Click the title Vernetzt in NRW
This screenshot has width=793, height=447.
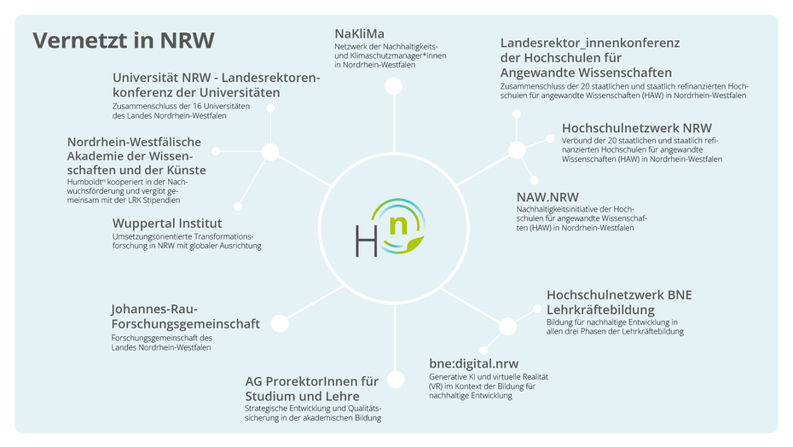pos(123,40)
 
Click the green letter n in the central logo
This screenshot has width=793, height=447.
pos(398,225)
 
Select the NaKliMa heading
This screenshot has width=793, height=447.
pos(359,33)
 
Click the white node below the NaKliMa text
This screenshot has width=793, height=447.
pos(393,85)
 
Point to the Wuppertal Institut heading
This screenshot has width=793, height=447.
pos(167,223)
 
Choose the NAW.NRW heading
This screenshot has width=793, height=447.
pos(547,195)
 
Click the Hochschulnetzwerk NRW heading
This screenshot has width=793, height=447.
pos(636,128)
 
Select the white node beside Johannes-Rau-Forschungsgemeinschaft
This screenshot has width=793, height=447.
pos(279,324)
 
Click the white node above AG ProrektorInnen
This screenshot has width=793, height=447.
pos(395,380)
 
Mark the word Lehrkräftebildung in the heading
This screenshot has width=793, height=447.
pos(600,309)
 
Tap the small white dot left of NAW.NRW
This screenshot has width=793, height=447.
pos(535,180)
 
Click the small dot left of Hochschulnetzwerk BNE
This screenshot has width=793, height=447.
pos(537,309)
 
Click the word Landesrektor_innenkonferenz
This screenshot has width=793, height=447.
pos(590,42)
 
